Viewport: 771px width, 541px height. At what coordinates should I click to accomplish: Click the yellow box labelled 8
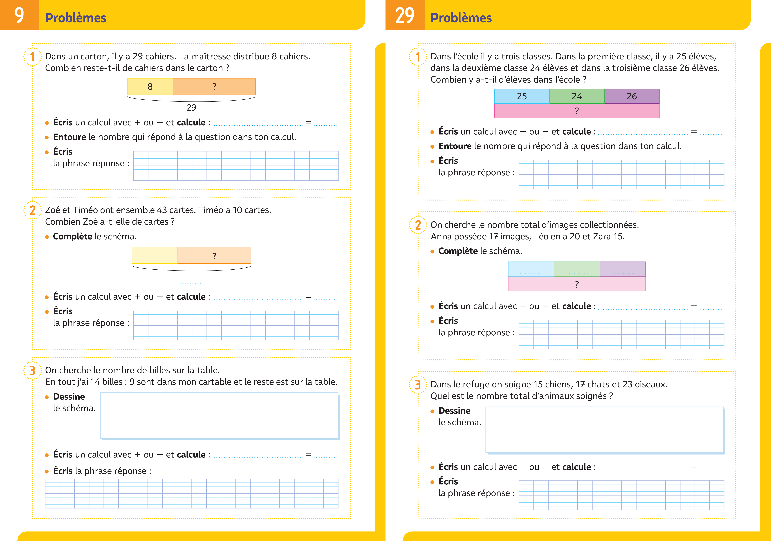150,87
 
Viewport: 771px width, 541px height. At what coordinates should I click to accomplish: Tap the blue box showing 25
522,96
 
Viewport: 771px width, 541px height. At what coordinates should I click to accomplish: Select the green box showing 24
577,96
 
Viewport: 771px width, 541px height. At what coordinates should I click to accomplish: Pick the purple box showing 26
632,96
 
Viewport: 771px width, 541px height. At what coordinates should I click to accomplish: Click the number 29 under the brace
191,108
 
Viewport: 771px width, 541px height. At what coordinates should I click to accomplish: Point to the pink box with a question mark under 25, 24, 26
577,111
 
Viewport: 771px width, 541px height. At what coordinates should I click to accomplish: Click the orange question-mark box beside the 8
214,87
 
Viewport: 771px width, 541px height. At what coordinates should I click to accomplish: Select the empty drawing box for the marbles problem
220,416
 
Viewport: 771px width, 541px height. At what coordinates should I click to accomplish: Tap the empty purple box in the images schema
623,269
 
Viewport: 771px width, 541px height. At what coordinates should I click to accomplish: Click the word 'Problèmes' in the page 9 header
76,18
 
